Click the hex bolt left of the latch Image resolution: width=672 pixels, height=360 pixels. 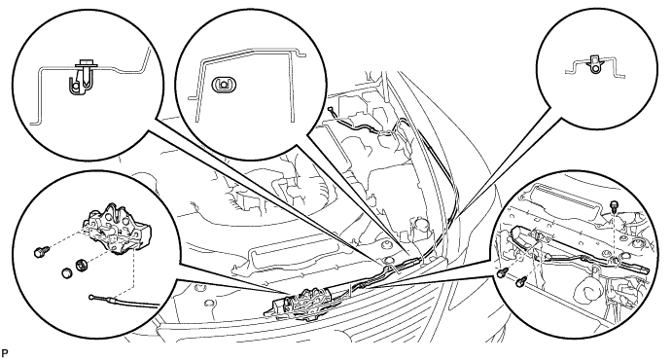tap(42, 252)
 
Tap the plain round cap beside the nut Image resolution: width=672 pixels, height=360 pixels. tap(67, 273)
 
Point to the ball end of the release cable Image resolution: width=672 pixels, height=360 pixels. tap(92, 297)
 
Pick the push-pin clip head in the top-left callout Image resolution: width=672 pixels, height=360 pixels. tap(87, 65)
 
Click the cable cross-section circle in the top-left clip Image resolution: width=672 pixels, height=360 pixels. tap(76, 86)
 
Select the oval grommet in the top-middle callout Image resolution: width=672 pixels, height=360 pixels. tap(223, 84)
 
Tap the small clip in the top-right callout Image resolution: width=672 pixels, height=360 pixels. tap(594, 64)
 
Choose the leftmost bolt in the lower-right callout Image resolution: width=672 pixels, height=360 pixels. tap(501, 272)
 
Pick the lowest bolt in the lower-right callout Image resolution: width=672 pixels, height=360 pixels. tap(521, 281)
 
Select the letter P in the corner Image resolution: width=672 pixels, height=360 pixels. tap(4, 353)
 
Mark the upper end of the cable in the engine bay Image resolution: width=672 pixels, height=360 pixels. tap(331, 109)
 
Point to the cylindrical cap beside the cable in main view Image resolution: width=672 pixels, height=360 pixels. tap(418, 227)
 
